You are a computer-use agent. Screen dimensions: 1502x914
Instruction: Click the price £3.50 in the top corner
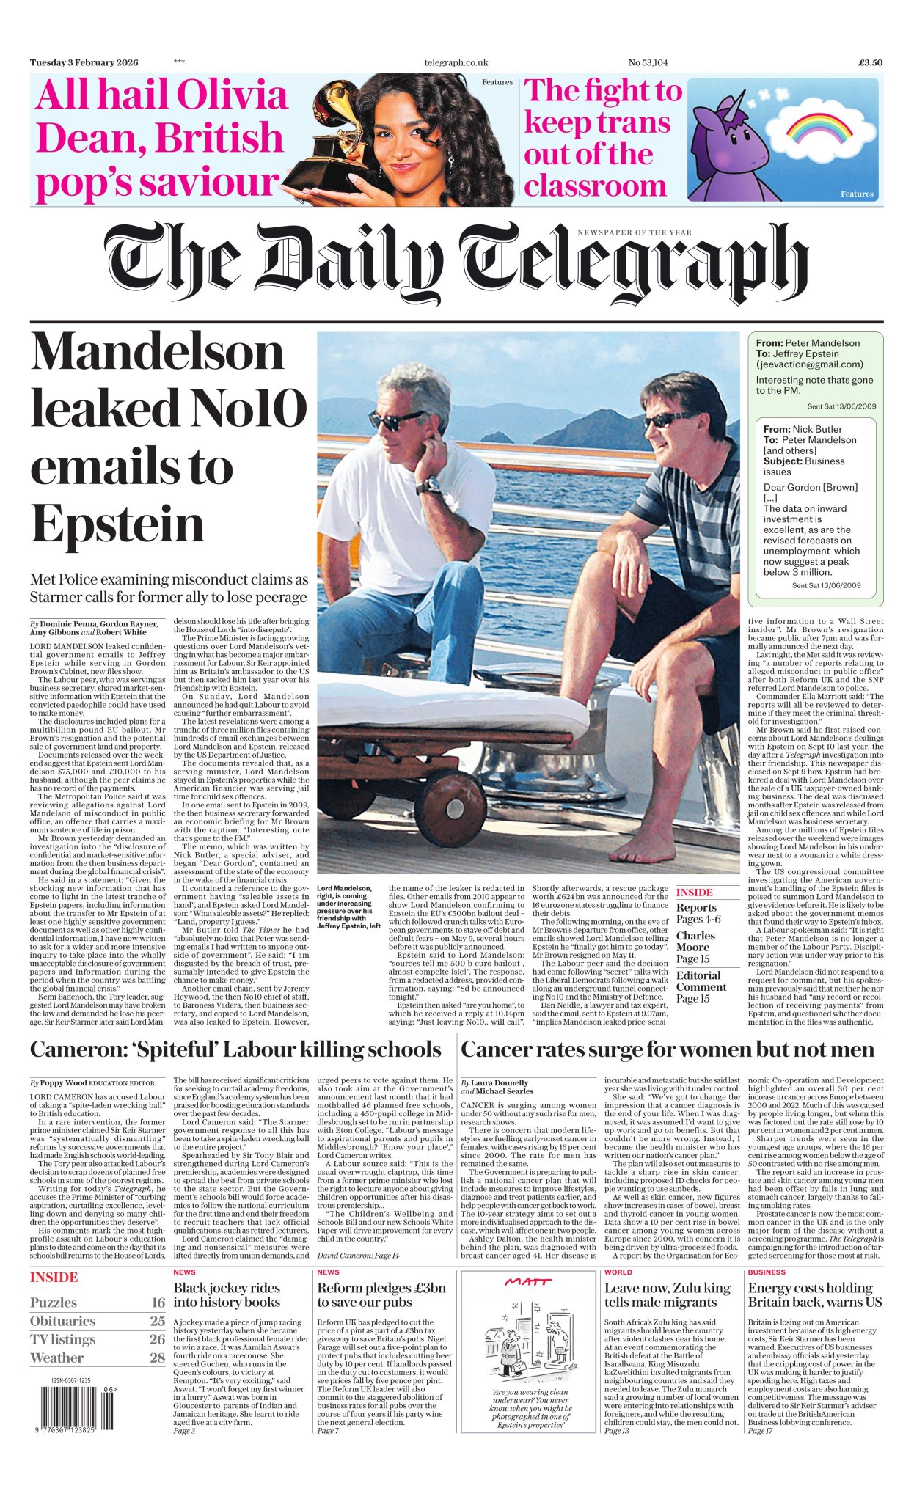(x=870, y=63)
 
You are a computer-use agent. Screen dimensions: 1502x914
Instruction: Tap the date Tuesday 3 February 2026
(x=84, y=63)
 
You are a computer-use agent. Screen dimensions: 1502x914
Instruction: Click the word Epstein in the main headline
(x=117, y=524)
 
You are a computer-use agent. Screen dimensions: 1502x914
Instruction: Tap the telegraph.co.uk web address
(x=456, y=63)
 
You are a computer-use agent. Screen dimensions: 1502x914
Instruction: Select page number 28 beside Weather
(x=157, y=1358)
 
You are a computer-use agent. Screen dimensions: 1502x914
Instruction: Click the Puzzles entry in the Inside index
(x=54, y=1303)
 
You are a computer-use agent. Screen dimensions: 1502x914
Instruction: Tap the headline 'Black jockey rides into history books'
(x=227, y=1295)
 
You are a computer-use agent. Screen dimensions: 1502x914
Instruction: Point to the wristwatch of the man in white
(x=427, y=486)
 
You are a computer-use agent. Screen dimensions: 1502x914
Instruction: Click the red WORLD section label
(x=618, y=1272)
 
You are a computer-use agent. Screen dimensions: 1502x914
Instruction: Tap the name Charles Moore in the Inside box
(x=695, y=941)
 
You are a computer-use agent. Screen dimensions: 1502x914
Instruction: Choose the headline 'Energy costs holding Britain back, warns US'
(x=810, y=1295)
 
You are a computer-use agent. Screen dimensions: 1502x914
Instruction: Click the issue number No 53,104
(x=648, y=63)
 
